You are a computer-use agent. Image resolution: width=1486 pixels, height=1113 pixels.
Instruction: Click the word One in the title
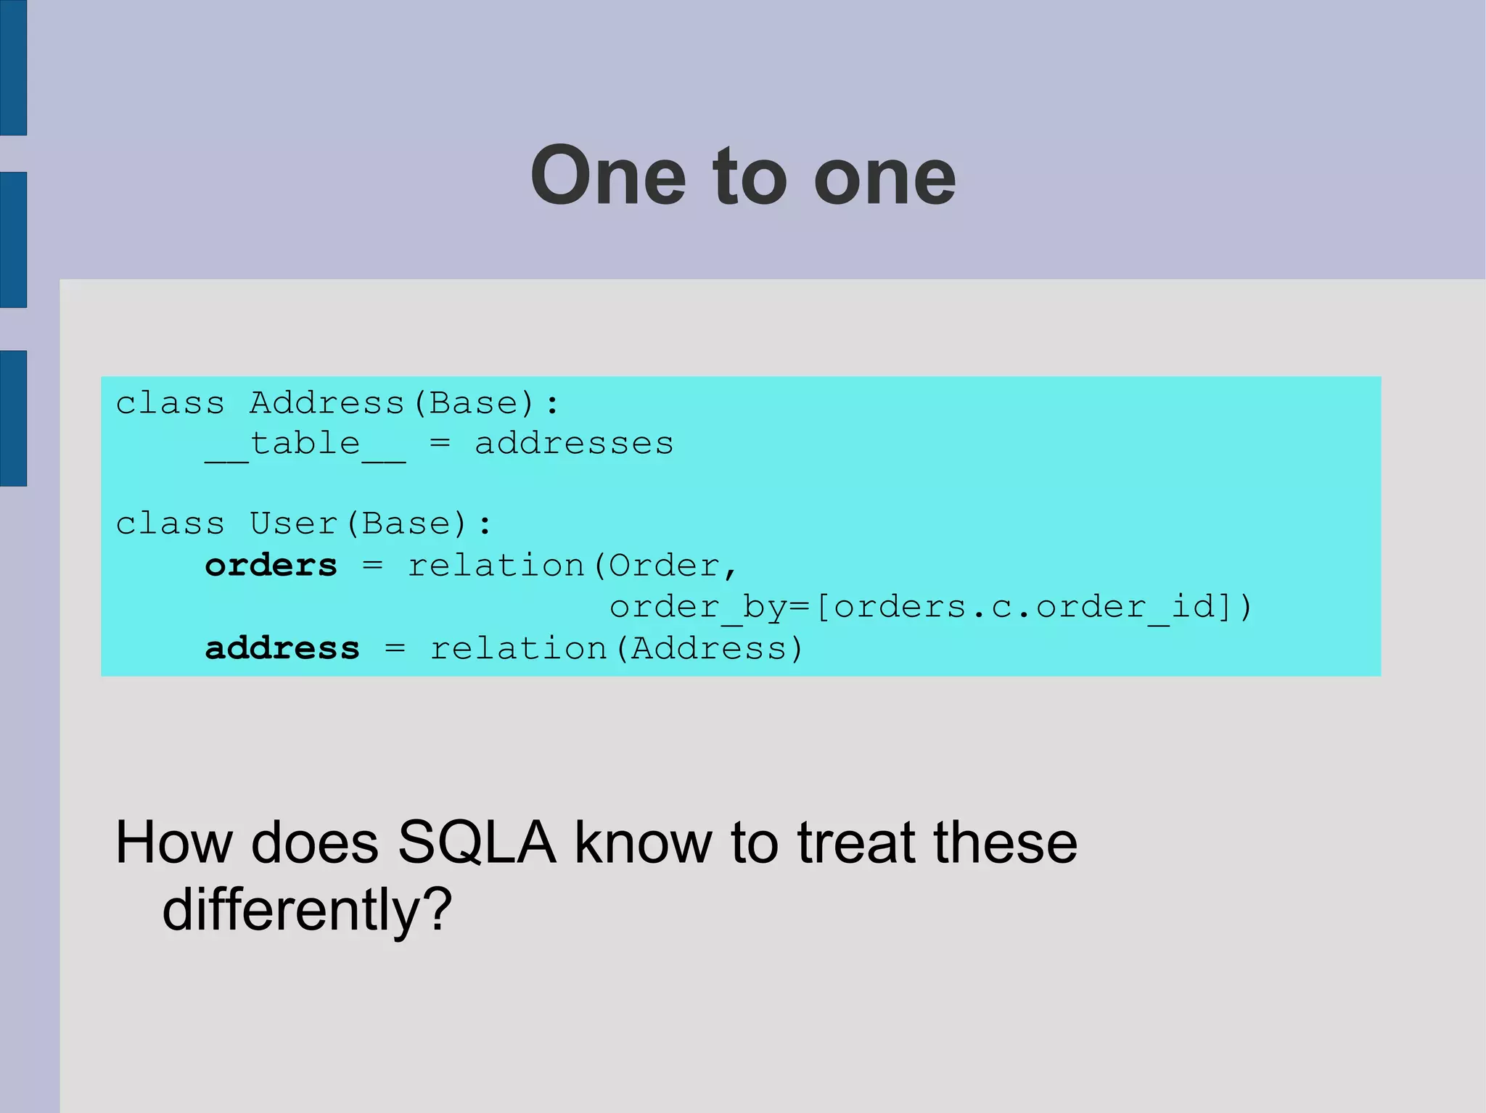tap(608, 175)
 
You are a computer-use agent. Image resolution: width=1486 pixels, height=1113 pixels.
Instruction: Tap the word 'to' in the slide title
tap(750, 175)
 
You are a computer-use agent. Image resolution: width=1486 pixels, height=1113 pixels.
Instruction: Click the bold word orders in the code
tap(271, 565)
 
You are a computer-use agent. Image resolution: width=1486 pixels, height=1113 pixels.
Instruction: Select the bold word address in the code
tap(282, 647)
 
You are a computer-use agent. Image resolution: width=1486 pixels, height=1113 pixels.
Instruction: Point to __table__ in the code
tap(305, 444)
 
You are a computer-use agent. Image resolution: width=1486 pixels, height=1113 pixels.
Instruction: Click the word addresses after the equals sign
tap(574, 443)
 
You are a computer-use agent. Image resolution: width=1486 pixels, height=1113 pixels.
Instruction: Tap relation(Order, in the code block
tap(572, 565)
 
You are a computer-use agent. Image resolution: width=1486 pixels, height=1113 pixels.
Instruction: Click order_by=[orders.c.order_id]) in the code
tap(931, 606)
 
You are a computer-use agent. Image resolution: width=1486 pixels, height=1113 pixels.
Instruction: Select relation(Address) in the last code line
tap(617, 647)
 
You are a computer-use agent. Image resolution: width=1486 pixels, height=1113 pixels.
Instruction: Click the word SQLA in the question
tap(477, 843)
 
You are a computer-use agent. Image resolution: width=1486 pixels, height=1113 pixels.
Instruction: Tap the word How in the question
tap(174, 843)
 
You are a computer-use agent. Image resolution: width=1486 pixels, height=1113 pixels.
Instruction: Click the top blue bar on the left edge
tap(13, 67)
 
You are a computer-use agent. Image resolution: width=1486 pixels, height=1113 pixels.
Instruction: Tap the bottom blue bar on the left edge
tap(13, 418)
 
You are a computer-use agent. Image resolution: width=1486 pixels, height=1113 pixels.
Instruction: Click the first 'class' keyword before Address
tap(170, 403)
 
